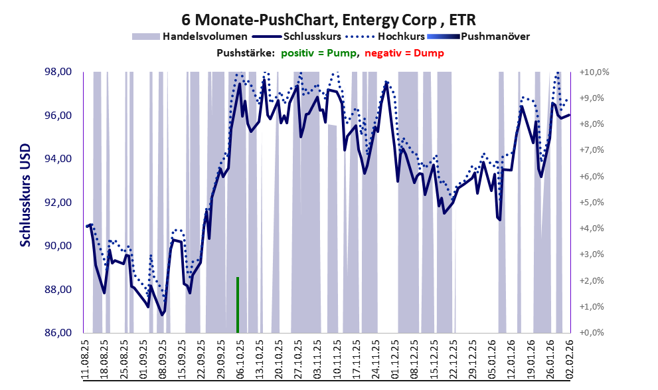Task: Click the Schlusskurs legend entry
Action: click(x=311, y=36)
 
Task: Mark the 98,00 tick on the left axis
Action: click(x=58, y=72)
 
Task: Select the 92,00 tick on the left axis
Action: click(x=58, y=203)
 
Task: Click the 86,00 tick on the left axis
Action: click(x=58, y=333)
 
